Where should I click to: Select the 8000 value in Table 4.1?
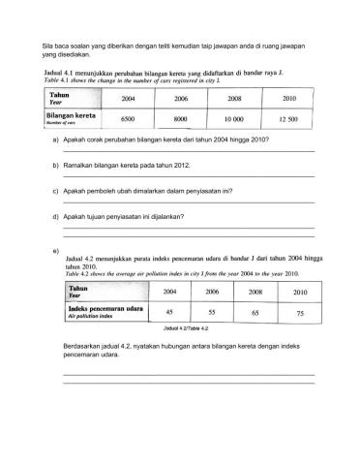click(179, 117)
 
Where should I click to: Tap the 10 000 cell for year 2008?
click(234, 117)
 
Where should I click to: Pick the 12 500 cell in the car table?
click(287, 118)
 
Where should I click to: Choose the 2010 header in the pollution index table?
click(299, 291)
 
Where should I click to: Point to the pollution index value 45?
click(170, 311)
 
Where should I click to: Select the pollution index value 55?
click(213, 312)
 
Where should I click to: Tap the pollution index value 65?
click(255, 312)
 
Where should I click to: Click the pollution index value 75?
click(300, 312)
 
